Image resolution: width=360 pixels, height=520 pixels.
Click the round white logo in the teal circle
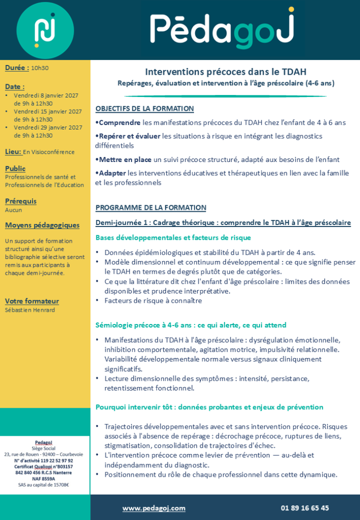click(x=45, y=29)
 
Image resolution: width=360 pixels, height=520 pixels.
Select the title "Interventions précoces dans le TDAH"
click(x=225, y=72)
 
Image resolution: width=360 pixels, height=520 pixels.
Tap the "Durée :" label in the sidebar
click(x=17, y=67)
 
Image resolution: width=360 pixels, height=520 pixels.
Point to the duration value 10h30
click(x=40, y=68)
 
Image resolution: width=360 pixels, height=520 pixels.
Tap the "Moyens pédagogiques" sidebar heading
click(x=42, y=225)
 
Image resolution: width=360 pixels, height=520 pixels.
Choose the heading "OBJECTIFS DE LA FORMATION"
click(x=145, y=109)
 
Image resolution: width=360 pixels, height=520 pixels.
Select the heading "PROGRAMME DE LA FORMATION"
click(x=151, y=207)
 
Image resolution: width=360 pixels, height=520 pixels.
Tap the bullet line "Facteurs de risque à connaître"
click(x=153, y=301)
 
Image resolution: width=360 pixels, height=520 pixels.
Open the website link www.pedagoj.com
click(x=154, y=508)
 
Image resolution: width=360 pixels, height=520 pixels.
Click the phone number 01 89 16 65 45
click(x=305, y=508)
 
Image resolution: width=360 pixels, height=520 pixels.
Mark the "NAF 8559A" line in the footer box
click(x=45, y=478)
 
